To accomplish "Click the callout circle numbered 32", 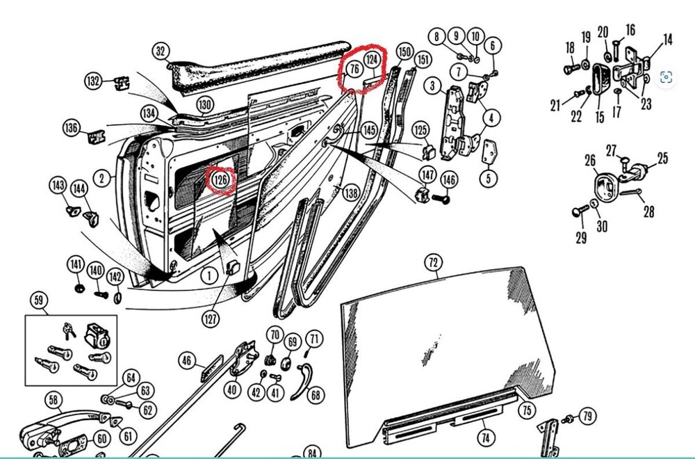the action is pos(161,51).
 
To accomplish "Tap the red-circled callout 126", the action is pos(221,179).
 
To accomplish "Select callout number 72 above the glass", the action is pos(434,263).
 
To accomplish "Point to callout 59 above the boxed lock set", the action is pos(39,300).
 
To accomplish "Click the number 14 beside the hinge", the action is pos(667,40).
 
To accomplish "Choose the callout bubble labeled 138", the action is pos(351,193).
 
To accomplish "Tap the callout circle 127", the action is pos(210,319).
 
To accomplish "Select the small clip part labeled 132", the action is pos(122,83).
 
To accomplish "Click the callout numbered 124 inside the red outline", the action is pos(373,60).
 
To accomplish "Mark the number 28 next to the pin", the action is pos(648,211).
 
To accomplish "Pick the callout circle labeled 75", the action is pos(526,410).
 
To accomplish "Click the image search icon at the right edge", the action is pos(666,77).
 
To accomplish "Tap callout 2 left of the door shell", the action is pos(102,178).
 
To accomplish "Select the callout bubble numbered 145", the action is pos(369,130).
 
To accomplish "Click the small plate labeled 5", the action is pos(490,152).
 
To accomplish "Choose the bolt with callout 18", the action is pos(571,69).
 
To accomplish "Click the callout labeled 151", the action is pos(423,58).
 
